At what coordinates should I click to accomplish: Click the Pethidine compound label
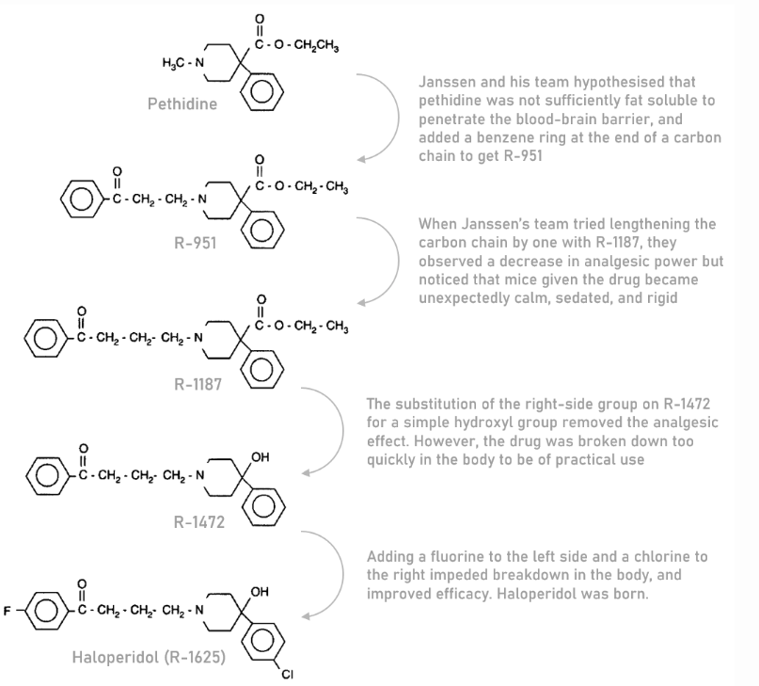182,104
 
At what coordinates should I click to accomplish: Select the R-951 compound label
194,243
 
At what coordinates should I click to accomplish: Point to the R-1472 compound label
199,521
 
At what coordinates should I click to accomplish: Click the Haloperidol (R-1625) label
149,657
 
